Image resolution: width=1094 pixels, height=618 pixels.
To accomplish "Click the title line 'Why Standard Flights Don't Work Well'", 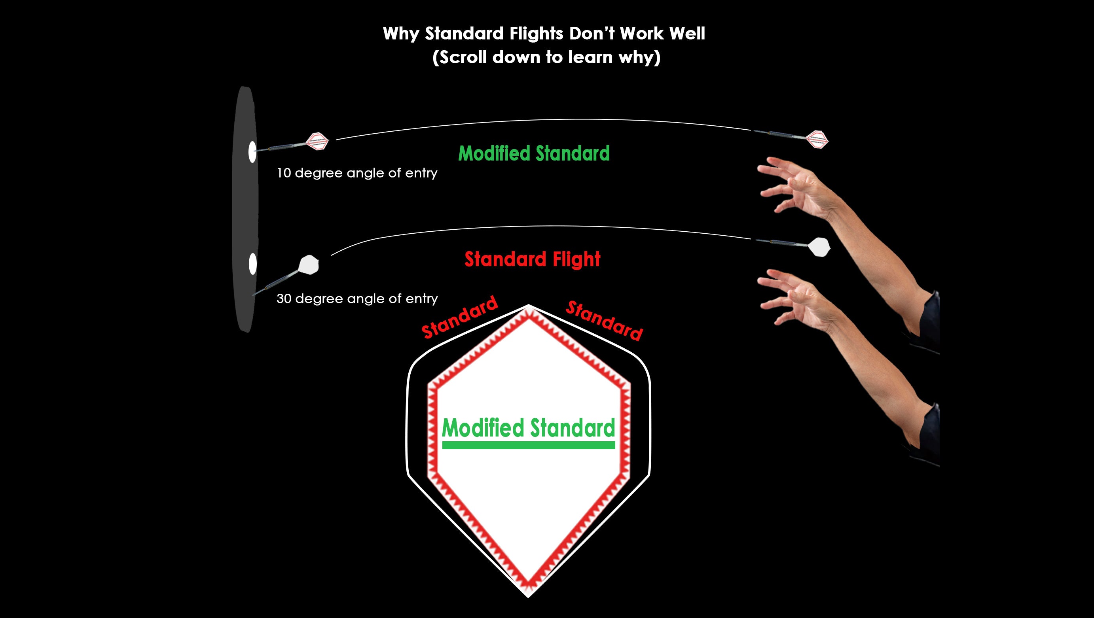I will pyautogui.click(x=544, y=34).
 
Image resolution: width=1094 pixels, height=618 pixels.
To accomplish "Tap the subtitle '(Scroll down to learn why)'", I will pyautogui.click(x=546, y=57).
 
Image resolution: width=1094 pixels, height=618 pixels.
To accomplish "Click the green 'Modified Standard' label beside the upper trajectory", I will pyautogui.click(x=534, y=153).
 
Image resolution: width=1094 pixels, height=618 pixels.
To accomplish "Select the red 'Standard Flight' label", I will pyautogui.click(x=533, y=259).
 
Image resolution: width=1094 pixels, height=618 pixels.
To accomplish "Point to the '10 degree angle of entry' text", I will pyautogui.click(x=357, y=173).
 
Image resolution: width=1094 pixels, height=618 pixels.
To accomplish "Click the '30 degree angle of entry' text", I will pyautogui.click(x=357, y=299).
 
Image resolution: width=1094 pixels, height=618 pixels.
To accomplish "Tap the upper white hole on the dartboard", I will pyautogui.click(x=252, y=152).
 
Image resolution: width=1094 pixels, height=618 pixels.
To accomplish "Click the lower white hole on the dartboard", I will pyautogui.click(x=253, y=264).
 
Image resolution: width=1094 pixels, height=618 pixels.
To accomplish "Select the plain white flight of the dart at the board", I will pyautogui.click(x=309, y=265).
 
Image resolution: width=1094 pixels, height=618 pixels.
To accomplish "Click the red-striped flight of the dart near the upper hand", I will pyautogui.click(x=817, y=139).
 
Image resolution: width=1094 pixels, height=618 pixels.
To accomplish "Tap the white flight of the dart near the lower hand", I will pyautogui.click(x=819, y=247).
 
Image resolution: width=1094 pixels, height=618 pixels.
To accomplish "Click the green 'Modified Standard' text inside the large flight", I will pyautogui.click(x=528, y=428).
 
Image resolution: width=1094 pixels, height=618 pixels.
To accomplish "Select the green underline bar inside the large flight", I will pyautogui.click(x=528, y=445).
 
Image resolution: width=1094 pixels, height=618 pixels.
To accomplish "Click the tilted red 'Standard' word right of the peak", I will pyautogui.click(x=604, y=320).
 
